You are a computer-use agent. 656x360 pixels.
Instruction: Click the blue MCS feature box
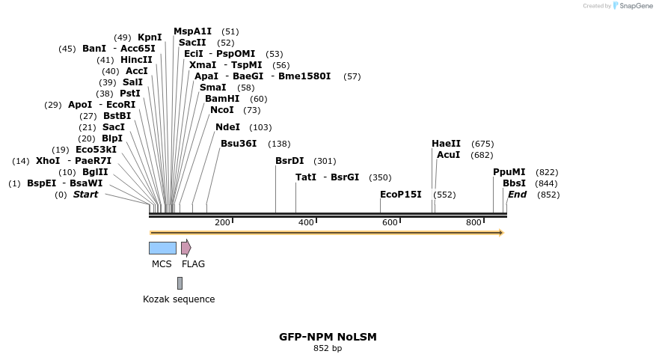[x=163, y=248]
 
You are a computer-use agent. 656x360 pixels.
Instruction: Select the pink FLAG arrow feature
[x=186, y=248]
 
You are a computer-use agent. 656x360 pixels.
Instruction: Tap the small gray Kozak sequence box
[x=180, y=284]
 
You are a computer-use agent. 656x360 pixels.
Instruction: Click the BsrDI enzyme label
[x=289, y=161]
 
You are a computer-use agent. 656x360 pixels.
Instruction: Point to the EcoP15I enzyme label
[x=401, y=195]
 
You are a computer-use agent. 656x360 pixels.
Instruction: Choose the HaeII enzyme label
[x=446, y=144]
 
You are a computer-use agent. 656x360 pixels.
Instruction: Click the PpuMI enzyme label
[x=509, y=172]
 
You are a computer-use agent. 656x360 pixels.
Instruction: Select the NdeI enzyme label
[x=228, y=126]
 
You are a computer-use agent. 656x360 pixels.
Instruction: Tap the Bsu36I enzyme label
[x=239, y=144]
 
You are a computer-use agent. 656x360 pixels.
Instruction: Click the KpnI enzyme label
[x=150, y=37]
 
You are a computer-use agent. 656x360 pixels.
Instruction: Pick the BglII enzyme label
[x=96, y=172]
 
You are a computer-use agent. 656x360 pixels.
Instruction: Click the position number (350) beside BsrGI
[x=380, y=177]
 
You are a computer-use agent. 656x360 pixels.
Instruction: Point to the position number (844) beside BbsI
[x=546, y=183]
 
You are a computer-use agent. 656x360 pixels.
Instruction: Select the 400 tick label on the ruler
[x=306, y=222]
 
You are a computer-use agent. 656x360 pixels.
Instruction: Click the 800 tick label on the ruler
[x=473, y=222]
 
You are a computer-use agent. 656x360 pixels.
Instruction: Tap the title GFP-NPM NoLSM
[x=328, y=337]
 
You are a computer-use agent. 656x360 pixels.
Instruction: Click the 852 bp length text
[x=328, y=348]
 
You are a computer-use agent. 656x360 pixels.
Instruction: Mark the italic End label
[x=517, y=195]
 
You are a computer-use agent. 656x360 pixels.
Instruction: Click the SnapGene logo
[x=633, y=5]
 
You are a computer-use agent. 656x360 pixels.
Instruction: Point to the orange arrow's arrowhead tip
[x=504, y=233]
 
